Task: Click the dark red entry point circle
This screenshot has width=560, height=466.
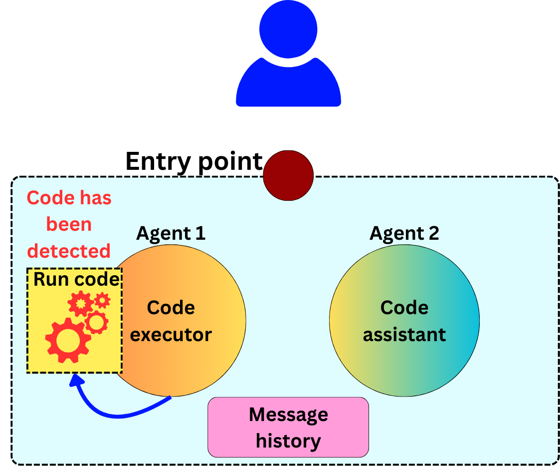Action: click(288, 175)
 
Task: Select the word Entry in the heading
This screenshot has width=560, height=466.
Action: click(157, 161)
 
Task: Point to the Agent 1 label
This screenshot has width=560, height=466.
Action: click(171, 233)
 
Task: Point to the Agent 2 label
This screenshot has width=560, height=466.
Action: click(404, 233)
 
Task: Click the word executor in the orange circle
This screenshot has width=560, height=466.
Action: click(171, 334)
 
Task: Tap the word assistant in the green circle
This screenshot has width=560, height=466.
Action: click(404, 334)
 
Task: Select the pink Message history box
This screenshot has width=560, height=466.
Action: click(288, 427)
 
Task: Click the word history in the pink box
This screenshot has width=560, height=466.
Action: click(288, 441)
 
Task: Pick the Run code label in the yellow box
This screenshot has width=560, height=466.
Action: click(76, 279)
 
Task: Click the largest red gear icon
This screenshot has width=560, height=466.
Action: click(67, 340)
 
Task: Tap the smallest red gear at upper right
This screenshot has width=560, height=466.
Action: click(102, 300)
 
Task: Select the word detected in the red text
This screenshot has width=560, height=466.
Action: click(69, 251)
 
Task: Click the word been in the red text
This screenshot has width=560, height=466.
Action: click(69, 224)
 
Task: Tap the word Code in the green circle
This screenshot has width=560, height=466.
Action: click(404, 308)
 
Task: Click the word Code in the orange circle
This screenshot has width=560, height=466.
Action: click(171, 308)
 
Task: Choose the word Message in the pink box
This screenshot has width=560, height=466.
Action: click(288, 415)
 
